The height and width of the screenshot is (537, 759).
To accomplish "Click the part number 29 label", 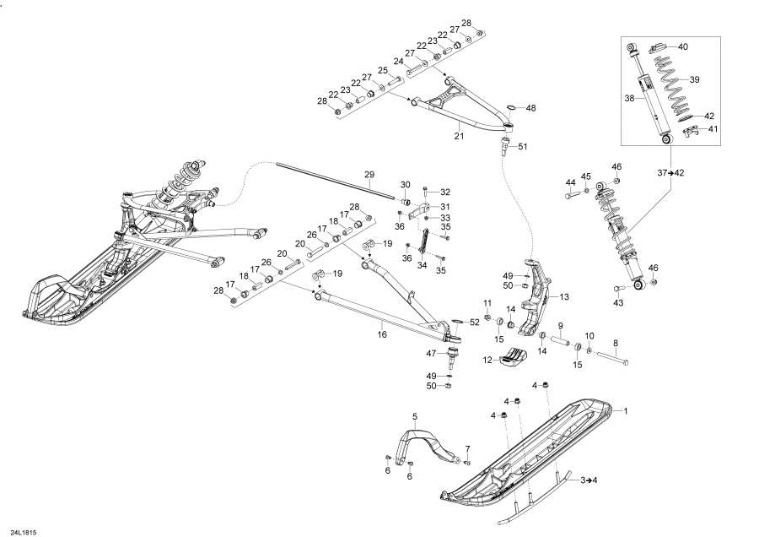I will pos(369,174).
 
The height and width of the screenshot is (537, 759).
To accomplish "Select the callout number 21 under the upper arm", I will pos(460,135).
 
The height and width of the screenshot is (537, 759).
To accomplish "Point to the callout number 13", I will pos(564,296).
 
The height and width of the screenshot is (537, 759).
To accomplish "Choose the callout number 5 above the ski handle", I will pos(415,416).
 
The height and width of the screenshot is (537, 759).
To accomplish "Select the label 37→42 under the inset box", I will pos(672,172).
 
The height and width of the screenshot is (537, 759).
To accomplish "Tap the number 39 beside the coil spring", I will pos(695,79).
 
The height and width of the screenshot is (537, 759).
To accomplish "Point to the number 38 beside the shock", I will pos(629,98).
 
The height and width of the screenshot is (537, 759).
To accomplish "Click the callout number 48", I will pos(530,108).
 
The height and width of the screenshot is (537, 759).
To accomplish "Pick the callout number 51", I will pos(522,147).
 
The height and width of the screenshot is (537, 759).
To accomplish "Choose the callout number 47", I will pos(430,353).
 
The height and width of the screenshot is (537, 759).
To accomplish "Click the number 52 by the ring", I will pos(475,322).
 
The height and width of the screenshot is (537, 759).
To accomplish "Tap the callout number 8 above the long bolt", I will pos(615,343).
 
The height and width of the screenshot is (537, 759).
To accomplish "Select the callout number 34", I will pos(423,263).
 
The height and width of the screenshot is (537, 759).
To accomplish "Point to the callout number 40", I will pos(682,46).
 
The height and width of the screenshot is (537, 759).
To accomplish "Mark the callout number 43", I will pos(618,303).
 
